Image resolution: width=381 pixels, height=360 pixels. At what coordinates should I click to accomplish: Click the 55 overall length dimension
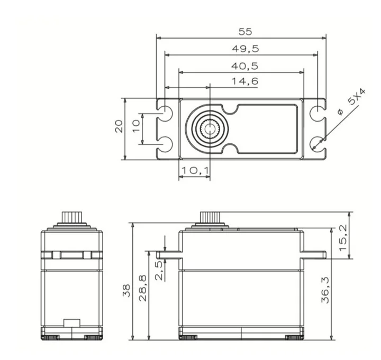tap(245, 32)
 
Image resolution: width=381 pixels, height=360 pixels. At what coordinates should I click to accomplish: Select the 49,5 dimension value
tap(246, 49)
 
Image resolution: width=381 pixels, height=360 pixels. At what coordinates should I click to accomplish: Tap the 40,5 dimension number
tap(244, 66)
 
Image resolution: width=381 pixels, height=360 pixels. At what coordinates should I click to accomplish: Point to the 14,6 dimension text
tap(245, 81)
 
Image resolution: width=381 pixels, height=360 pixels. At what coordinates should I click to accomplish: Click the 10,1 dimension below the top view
tap(195, 170)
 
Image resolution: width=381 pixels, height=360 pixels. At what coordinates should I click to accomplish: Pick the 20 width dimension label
tap(119, 126)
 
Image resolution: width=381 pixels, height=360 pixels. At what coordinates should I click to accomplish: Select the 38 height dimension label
tap(126, 291)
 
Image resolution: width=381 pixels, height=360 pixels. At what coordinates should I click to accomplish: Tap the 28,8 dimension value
tap(143, 288)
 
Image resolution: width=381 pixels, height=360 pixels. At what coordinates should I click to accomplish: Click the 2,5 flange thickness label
tap(159, 271)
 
